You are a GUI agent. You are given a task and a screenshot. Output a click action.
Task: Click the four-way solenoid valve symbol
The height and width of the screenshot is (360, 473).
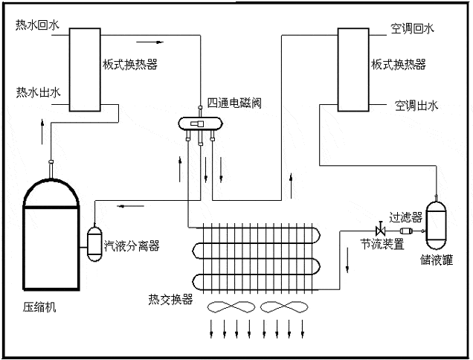click(199, 124)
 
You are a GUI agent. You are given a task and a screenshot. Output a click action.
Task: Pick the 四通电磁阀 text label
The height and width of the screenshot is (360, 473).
click(236, 102)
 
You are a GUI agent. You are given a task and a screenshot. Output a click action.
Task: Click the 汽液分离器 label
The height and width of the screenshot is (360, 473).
click(132, 245)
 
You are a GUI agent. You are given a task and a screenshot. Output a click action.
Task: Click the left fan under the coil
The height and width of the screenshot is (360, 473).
click(229, 309)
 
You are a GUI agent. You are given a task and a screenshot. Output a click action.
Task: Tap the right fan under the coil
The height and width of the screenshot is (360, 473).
click(283, 309)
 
